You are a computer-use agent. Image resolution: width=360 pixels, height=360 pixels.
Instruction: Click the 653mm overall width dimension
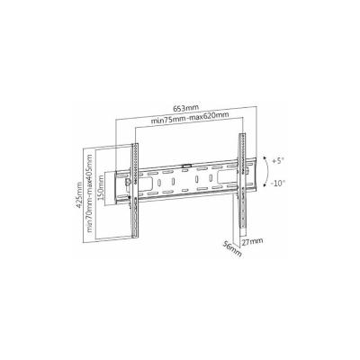[185, 107]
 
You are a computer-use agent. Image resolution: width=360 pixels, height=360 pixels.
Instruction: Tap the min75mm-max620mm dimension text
[190, 118]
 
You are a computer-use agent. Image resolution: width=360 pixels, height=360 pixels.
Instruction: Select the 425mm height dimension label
[79, 195]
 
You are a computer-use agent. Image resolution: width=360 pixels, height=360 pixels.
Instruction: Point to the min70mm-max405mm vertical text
[89, 193]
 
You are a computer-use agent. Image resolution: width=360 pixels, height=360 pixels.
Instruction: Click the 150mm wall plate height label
[101, 188]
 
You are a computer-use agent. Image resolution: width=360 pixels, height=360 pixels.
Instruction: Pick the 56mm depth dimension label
[232, 248]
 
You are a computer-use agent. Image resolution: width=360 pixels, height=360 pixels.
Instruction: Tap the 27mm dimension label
[252, 241]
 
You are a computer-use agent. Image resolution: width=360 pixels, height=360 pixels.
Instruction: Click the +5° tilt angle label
[277, 161]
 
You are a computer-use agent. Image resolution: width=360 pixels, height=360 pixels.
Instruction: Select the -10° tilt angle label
[278, 183]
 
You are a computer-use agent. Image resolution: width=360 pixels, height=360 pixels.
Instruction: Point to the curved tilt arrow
[266, 172]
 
